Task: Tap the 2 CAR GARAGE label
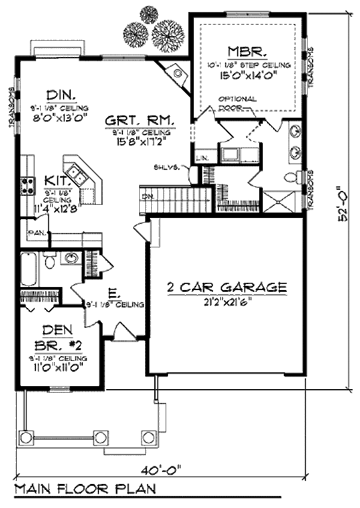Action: click(226, 288)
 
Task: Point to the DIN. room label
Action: click(60, 95)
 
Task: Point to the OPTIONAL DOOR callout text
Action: click(238, 103)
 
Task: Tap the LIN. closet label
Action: click(202, 159)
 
